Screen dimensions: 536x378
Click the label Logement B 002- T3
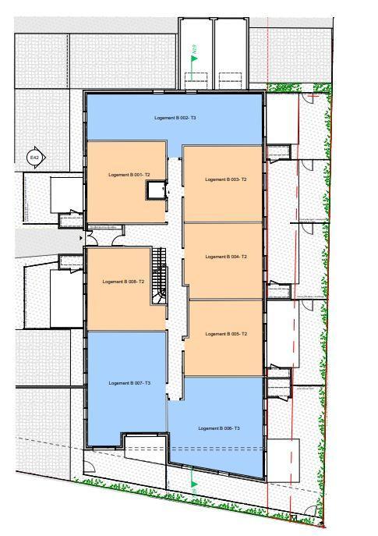coord(175,117)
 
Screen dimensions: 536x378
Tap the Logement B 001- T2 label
coord(129,175)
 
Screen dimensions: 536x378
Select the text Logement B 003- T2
coord(226,179)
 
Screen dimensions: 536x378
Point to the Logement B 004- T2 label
coord(226,257)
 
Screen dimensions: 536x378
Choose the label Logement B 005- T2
coord(226,334)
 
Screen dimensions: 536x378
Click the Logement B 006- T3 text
coord(219,428)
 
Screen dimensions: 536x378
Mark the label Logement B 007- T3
coord(129,383)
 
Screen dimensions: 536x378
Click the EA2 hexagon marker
coord(34,158)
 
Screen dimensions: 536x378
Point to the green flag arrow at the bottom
coord(194,485)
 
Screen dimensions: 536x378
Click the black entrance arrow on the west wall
coord(83,236)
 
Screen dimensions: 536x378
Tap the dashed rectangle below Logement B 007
coord(147,444)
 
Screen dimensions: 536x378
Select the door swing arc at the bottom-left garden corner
coord(90,467)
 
